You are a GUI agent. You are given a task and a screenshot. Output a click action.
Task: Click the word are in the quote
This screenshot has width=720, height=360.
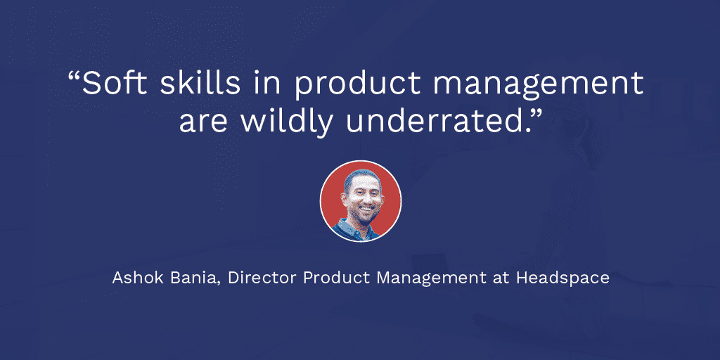[x=202, y=124]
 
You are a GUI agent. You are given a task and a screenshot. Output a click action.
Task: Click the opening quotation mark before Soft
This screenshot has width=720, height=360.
[x=74, y=76]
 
